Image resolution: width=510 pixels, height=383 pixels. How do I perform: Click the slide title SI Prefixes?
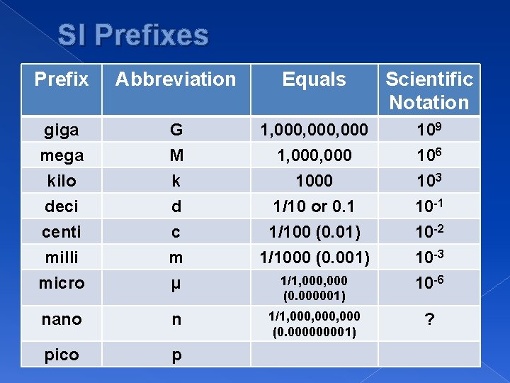tap(133, 35)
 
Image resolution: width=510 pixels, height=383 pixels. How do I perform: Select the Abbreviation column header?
tap(176, 79)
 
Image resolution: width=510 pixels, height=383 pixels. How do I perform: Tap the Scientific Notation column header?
tap(429, 90)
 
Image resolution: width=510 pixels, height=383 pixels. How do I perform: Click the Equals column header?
tap(314, 79)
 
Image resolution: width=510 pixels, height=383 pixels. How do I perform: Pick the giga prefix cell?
tap(62, 130)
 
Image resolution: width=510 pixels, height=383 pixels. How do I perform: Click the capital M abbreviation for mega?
tap(176, 155)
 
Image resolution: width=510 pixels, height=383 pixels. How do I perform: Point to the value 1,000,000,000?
tap(314, 130)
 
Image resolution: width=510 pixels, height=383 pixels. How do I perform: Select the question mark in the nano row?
tap(429, 320)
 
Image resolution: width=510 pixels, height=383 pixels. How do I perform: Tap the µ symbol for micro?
tap(176, 283)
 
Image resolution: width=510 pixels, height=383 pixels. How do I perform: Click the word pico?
tap(62, 354)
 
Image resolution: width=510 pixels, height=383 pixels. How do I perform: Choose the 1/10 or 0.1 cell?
tap(314, 206)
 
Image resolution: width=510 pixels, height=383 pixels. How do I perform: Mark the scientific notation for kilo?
tap(429, 180)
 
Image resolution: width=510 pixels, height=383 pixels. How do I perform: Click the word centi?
tap(62, 231)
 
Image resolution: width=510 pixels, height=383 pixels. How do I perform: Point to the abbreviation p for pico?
tap(176, 355)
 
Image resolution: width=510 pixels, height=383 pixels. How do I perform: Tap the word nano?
tap(62, 319)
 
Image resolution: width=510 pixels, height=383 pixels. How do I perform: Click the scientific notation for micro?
tap(429, 282)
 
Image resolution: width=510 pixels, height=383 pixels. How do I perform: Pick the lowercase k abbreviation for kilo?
tap(176, 181)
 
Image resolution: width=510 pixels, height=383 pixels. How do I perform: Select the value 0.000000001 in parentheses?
tap(314, 331)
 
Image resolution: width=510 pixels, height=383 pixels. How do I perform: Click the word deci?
tap(62, 206)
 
